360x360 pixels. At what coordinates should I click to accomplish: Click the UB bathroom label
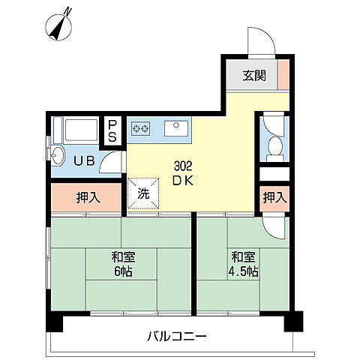click(x=83, y=159)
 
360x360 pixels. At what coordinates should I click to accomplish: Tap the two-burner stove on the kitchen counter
click(x=140, y=128)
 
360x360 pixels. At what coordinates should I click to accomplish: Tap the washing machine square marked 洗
click(x=142, y=191)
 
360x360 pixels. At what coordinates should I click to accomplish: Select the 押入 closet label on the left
click(x=88, y=198)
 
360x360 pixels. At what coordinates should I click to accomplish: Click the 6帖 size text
click(x=122, y=271)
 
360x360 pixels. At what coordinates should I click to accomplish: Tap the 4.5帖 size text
click(x=245, y=271)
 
